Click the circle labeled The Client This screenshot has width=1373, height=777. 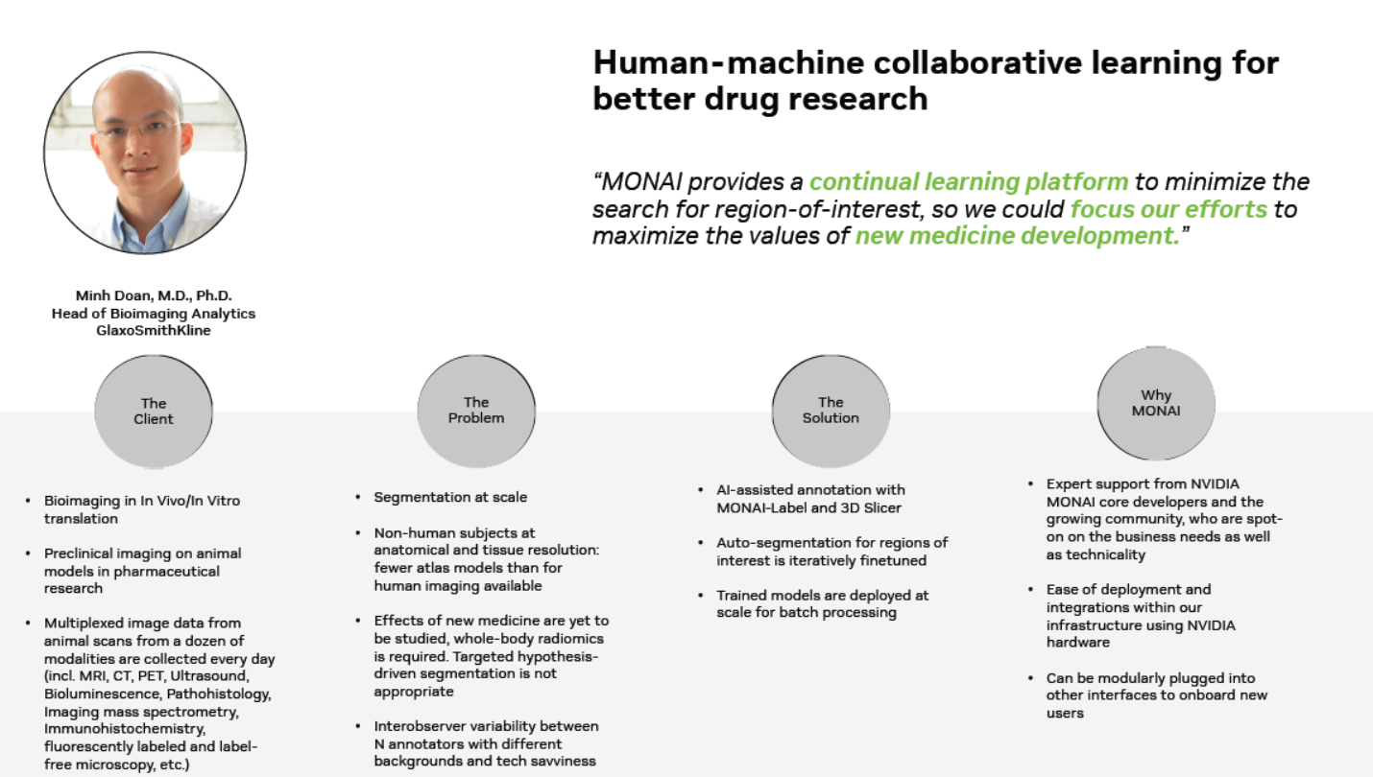click(154, 412)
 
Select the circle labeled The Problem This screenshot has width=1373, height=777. click(475, 411)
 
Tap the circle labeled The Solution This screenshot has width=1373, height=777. click(831, 411)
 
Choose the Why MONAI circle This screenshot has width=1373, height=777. click(1156, 403)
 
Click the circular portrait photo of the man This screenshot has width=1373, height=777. click(145, 153)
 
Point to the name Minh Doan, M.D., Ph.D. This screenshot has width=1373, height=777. click(154, 295)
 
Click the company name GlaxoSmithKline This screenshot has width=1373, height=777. click(154, 331)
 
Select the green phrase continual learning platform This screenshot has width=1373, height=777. click(969, 182)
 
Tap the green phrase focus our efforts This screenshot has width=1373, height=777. click(1168, 209)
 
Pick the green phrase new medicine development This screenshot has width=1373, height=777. click(1017, 236)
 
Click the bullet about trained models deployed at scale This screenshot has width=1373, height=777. click(822, 603)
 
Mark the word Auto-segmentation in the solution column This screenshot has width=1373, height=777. click(774, 543)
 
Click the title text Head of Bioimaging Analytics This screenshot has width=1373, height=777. click(154, 314)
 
